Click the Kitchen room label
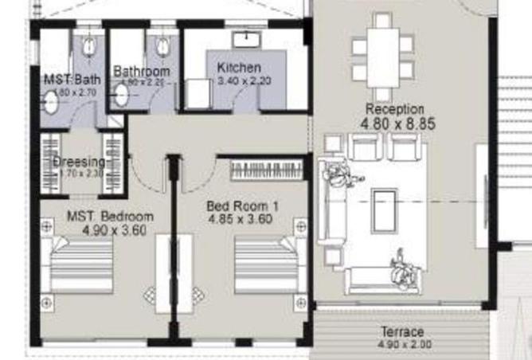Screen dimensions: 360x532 pyautogui.click(x=239, y=68)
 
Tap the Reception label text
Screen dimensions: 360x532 pyautogui.click(x=394, y=108)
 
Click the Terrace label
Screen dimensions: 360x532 pyautogui.click(x=402, y=331)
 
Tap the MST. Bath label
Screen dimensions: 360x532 pyautogui.click(x=72, y=79)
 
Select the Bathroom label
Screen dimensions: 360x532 pyautogui.click(x=142, y=71)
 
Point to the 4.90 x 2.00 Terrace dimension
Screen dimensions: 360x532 pyautogui.click(x=403, y=345)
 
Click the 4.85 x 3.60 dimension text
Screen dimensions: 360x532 pyautogui.click(x=240, y=217)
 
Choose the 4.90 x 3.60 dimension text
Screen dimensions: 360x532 pyautogui.click(x=114, y=230)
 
